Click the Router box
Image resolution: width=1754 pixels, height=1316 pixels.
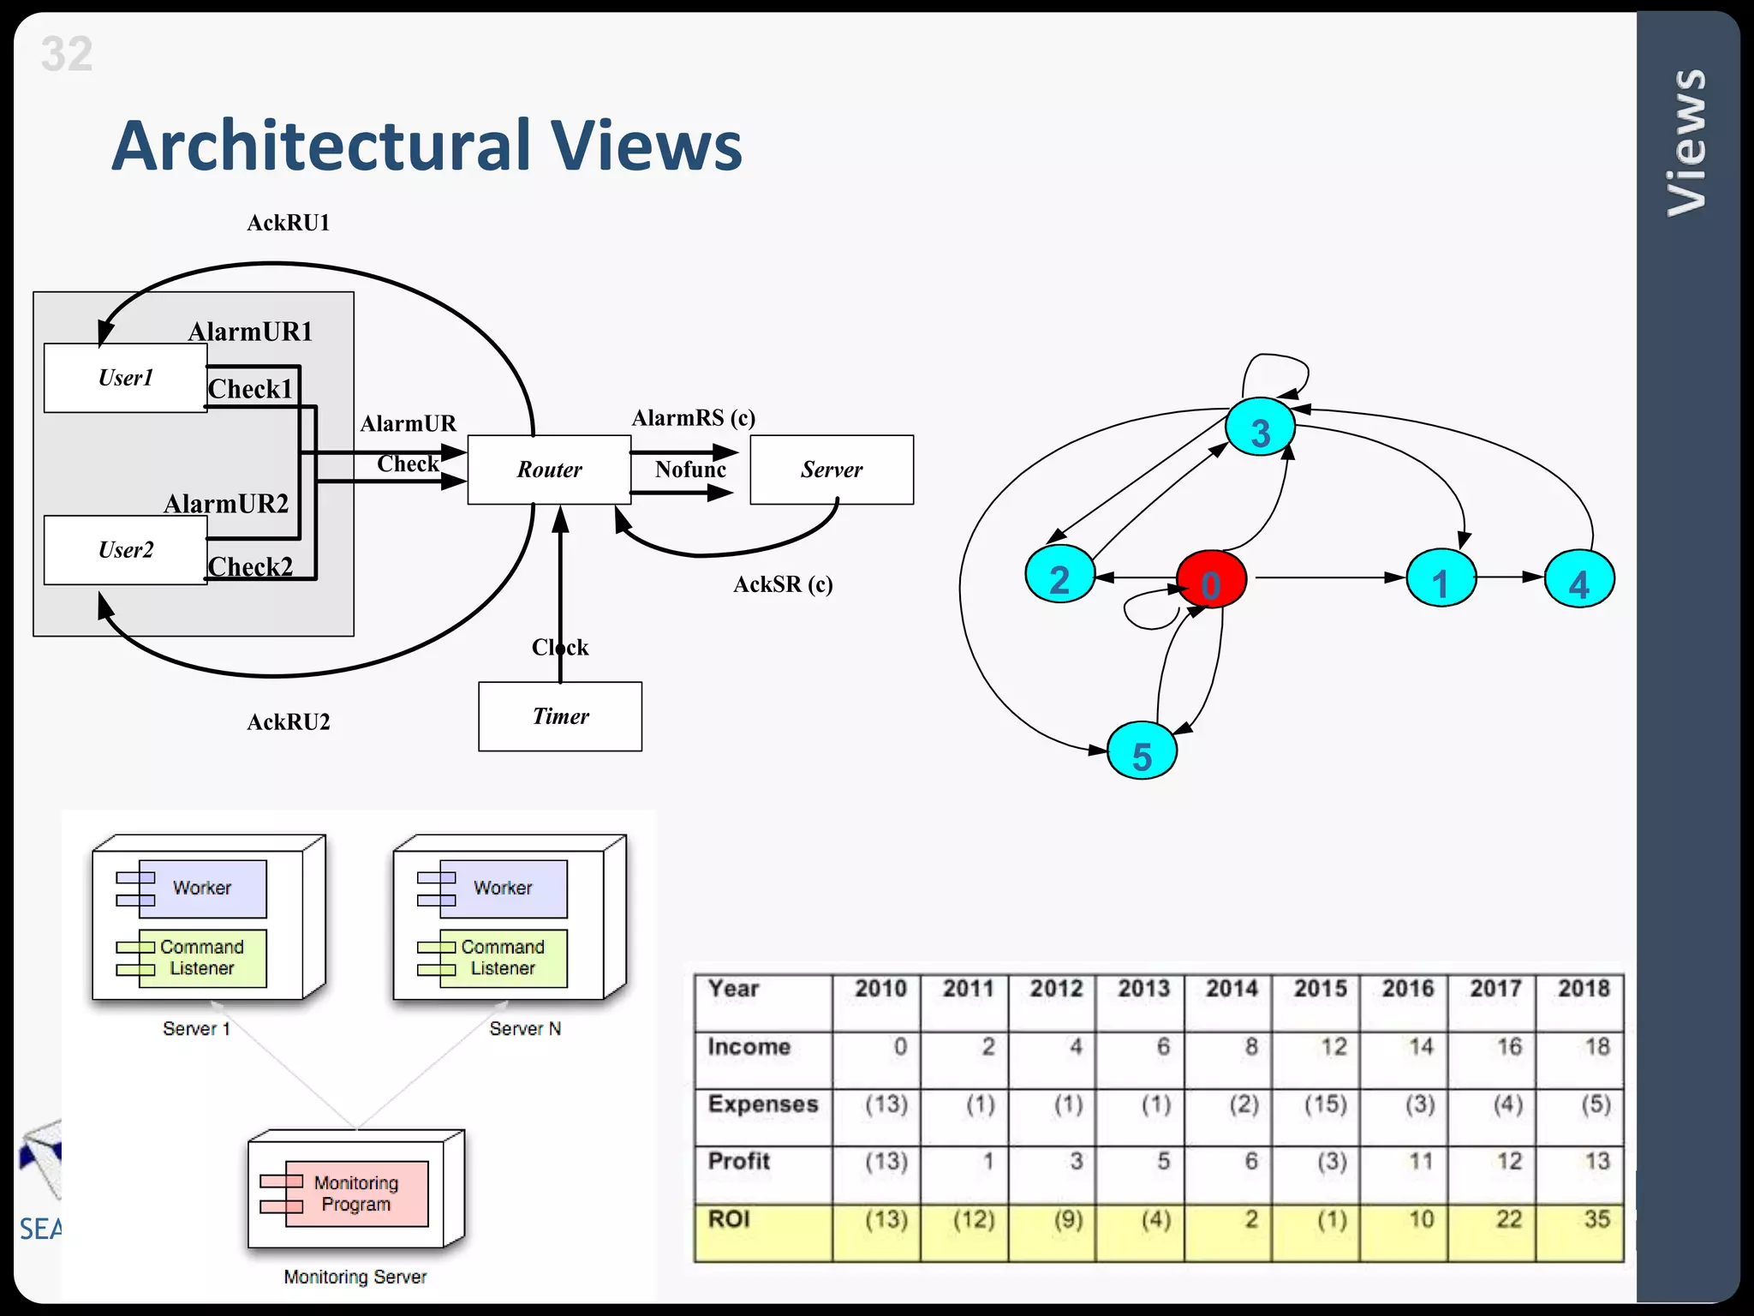click(x=549, y=470)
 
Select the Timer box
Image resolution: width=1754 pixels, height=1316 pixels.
click(x=560, y=716)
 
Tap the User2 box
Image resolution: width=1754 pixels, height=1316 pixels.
click(x=125, y=550)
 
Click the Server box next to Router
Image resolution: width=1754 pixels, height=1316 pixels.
click(x=831, y=470)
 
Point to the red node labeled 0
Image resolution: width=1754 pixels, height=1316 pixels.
click(x=1211, y=580)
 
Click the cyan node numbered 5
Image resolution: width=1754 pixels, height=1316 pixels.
click(x=1142, y=751)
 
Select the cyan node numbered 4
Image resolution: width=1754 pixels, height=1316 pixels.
click(x=1579, y=580)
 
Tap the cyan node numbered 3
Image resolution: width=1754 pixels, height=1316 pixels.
click(x=1260, y=428)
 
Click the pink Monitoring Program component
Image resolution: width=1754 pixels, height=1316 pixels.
click(x=356, y=1193)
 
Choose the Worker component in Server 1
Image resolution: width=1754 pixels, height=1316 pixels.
click(x=202, y=888)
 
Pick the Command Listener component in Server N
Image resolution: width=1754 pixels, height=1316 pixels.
click(x=503, y=958)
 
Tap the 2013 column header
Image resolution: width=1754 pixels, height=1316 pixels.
click(x=1143, y=989)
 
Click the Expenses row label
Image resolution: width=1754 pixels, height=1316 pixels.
click(x=762, y=1104)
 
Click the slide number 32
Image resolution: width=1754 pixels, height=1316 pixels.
click(x=66, y=55)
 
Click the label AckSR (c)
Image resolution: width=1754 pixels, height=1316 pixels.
click(x=783, y=584)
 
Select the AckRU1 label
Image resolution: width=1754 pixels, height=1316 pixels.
click(x=289, y=224)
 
